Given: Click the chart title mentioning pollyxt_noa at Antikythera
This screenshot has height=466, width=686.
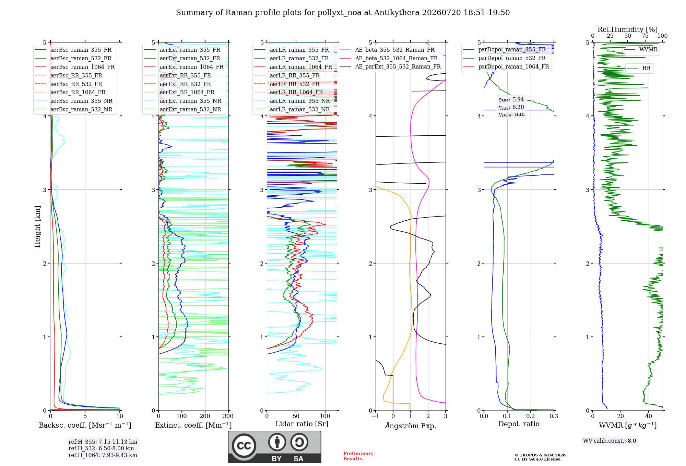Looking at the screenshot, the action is coord(343,13).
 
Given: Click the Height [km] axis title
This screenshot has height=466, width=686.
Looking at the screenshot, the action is coord(37,226).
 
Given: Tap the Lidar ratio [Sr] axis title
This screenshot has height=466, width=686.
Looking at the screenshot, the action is coord(302,424).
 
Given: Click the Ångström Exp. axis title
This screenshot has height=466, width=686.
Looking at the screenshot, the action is coord(411,426).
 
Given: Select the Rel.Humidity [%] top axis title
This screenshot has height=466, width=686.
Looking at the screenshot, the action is coord(627,29).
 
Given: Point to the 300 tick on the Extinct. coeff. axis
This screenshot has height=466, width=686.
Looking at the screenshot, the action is coord(228,416).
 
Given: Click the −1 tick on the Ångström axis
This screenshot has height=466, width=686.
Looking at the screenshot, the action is coord(375,416).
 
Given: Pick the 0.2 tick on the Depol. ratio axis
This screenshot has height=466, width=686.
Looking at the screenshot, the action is coord(531,416).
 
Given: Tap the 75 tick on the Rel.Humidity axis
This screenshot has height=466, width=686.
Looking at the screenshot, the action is coord(645,36).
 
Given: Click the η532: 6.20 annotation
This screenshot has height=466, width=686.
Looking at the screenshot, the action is coord(511,107).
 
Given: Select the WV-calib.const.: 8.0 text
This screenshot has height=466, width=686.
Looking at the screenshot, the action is coord(610,441).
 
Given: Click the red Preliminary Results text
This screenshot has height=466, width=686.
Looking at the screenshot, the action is coord(358,456).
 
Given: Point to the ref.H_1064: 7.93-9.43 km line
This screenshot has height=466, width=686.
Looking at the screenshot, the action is coord(103,455).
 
